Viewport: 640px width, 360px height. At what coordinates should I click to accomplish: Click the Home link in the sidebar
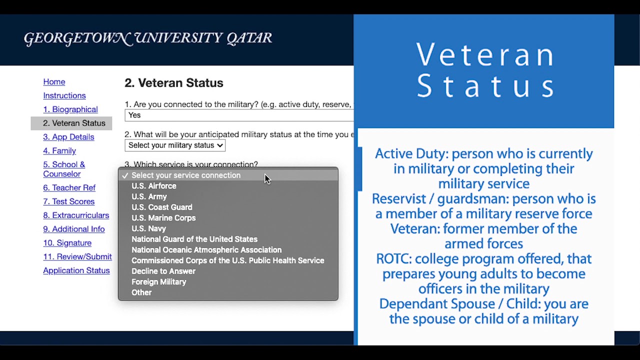[x=54, y=82]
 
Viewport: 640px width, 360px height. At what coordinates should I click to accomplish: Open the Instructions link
[x=64, y=95]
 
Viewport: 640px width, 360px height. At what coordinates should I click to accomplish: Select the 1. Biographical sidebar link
[x=70, y=109]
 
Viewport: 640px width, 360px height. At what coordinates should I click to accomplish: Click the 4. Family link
[x=59, y=150]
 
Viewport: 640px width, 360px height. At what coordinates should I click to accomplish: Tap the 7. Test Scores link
[x=69, y=201]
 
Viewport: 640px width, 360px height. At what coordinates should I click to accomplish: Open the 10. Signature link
[x=67, y=243]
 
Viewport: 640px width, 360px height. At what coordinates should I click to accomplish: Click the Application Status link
[x=76, y=270]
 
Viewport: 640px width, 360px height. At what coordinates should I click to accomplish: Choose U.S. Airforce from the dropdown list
[x=154, y=186]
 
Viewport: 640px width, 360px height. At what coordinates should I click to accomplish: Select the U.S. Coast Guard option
[x=162, y=207]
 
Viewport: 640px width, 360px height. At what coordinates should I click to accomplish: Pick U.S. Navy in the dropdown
[x=149, y=228]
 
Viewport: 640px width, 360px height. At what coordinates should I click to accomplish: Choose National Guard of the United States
[x=194, y=239]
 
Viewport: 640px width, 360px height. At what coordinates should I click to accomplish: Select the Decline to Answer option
[x=163, y=271]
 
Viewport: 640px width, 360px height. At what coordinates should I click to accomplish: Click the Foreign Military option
[x=159, y=282]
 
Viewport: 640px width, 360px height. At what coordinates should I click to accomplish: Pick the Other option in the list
[x=141, y=292]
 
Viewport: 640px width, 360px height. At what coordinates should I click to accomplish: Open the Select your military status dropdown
[x=175, y=145]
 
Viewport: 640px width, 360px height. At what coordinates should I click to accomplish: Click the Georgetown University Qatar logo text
[x=148, y=38]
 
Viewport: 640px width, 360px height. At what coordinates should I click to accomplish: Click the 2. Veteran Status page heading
[x=174, y=83]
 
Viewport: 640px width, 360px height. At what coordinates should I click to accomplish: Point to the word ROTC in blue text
[x=393, y=259]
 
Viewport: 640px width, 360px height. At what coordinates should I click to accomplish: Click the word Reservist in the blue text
[x=399, y=199]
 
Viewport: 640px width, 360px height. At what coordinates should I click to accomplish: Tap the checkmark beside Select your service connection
[x=125, y=175]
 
